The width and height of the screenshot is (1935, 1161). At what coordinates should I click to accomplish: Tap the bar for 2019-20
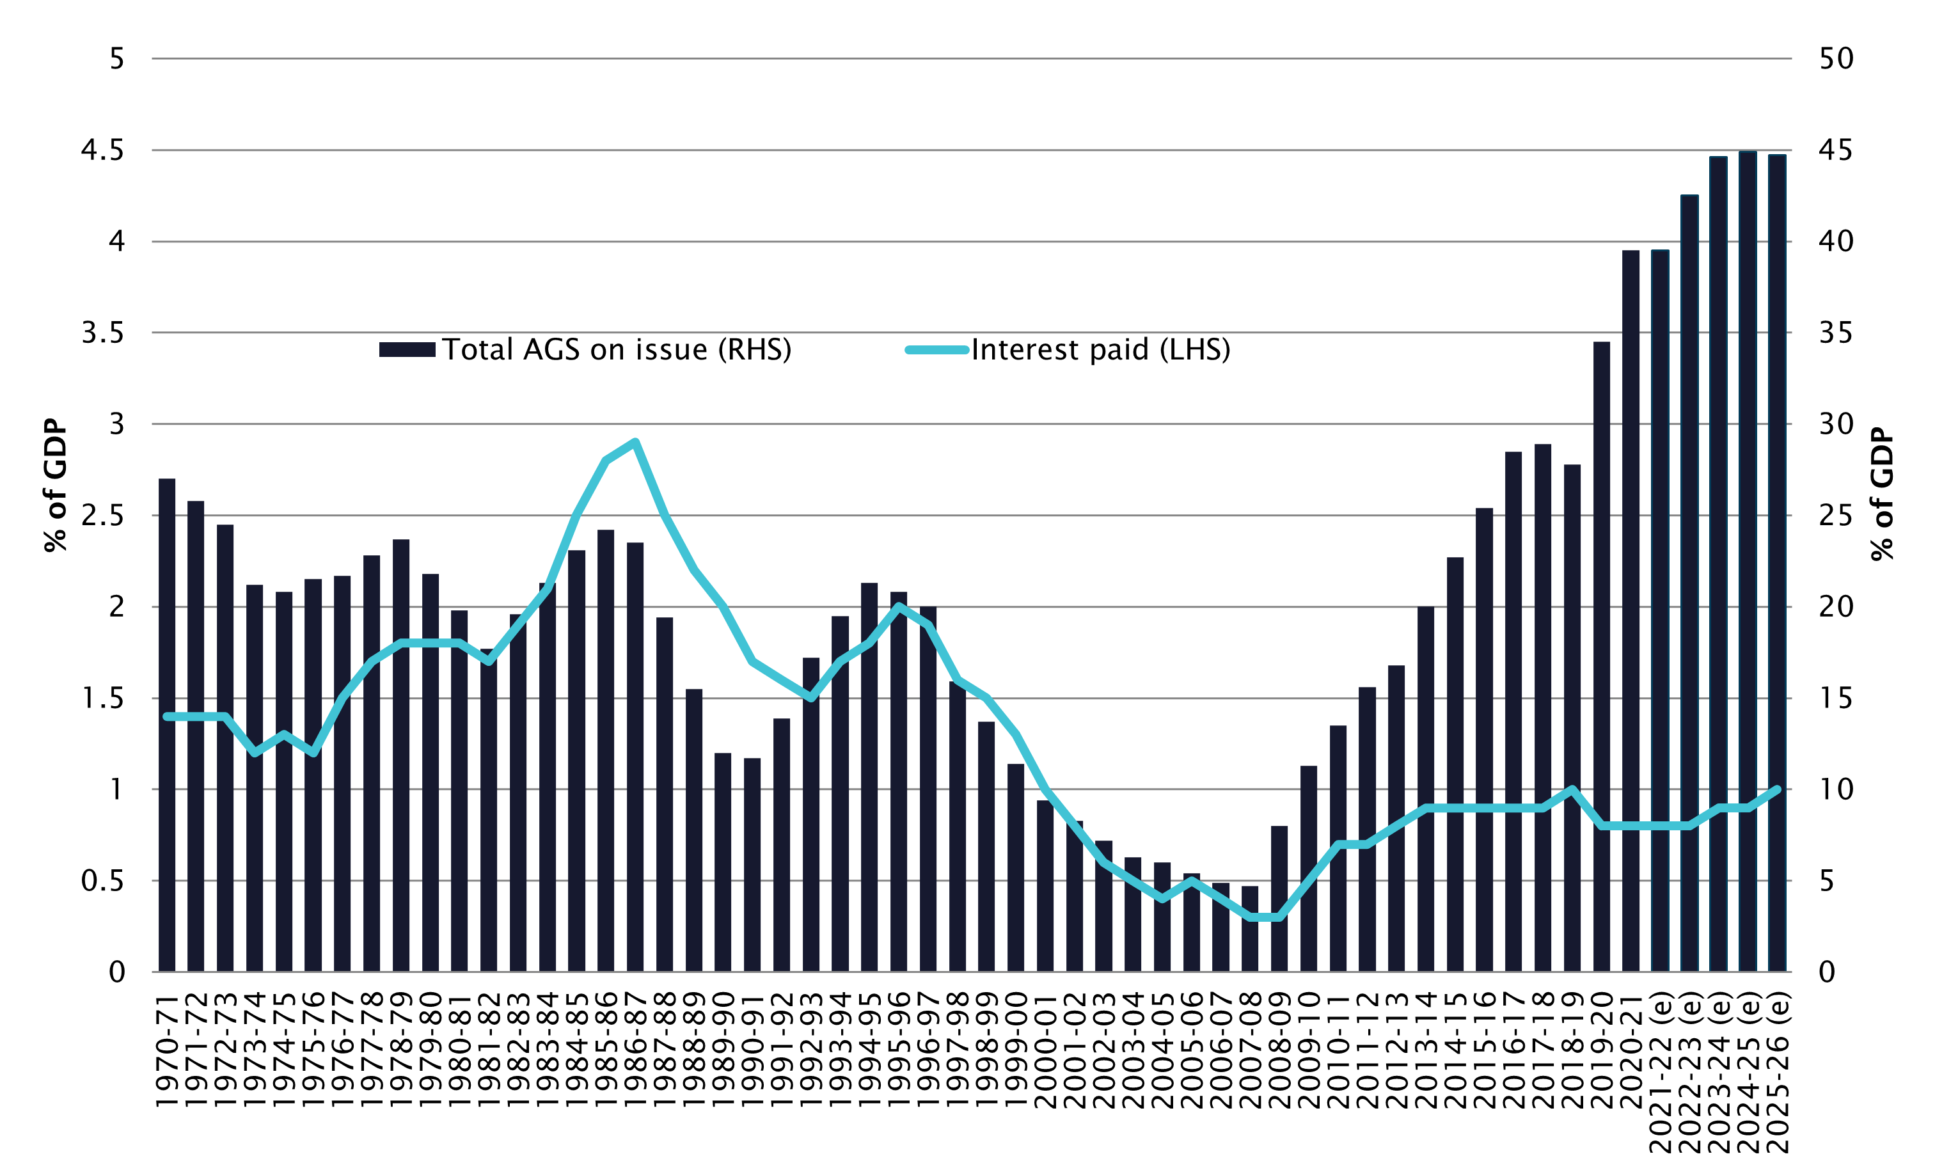tap(1601, 656)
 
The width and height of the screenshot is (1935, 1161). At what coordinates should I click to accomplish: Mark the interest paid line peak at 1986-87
tap(635, 442)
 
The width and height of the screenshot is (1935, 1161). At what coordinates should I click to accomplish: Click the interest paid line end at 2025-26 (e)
tap(1777, 789)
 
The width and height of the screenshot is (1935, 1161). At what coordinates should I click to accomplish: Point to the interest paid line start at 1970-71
tap(166, 716)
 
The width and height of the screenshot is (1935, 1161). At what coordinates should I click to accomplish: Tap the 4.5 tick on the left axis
tap(102, 150)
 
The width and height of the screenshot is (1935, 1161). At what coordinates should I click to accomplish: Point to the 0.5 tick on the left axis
tap(102, 881)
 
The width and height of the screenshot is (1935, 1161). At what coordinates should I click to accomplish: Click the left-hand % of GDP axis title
tap(56, 485)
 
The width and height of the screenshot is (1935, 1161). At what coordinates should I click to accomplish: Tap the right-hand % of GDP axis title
tap(1883, 494)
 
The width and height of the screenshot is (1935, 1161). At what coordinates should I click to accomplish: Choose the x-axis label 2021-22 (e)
tap(1660, 1072)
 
